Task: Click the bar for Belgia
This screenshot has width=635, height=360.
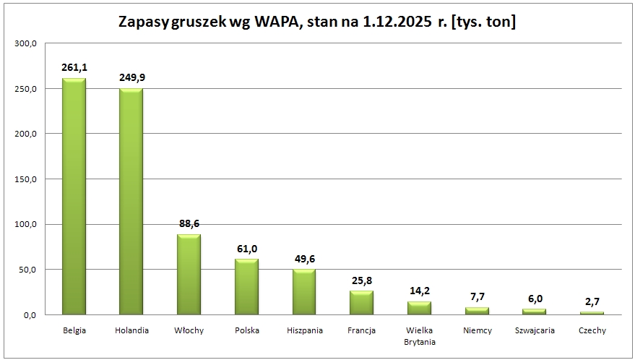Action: pyautogui.click(x=74, y=197)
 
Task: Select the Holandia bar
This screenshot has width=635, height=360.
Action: pyautogui.click(x=131, y=202)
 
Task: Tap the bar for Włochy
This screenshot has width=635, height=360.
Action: pyautogui.click(x=189, y=275)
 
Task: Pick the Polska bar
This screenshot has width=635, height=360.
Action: pyautogui.click(x=246, y=287)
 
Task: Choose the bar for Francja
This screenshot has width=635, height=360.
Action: pyautogui.click(x=361, y=303)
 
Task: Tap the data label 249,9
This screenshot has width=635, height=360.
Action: pyautogui.click(x=131, y=77)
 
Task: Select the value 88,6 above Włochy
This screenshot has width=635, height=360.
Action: pyautogui.click(x=189, y=223)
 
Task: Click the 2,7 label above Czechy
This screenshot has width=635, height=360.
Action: pyautogui.click(x=592, y=301)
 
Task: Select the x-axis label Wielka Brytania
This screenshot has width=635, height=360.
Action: pyautogui.click(x=419, y=336)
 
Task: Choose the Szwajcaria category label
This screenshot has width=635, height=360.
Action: pyautogui.click(x=535, y=330)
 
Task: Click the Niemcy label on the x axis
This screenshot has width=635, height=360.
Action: pyautogui.click(x=477, y=330)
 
